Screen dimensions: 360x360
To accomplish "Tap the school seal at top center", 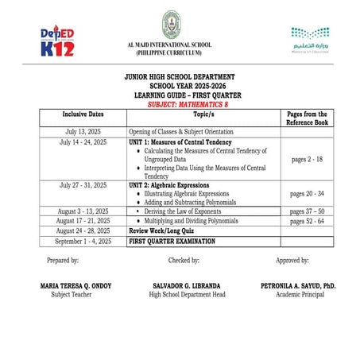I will pyautogui.click(x=169, y=26).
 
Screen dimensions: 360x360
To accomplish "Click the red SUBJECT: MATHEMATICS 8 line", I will pyautogui.click(x=180, y=104).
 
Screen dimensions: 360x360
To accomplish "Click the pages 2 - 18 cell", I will pyautogui.click(x=308, y=159).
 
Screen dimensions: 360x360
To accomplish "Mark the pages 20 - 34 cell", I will pyautogui.click(x=308, y=193).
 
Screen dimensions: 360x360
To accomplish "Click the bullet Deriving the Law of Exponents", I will pyautogui.click(x=185, y=211).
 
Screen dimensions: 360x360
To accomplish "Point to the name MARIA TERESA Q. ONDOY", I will pyautogui.click(x=73, y=285).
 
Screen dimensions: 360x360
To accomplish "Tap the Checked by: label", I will pyautogui.click(x=184, y=260).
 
